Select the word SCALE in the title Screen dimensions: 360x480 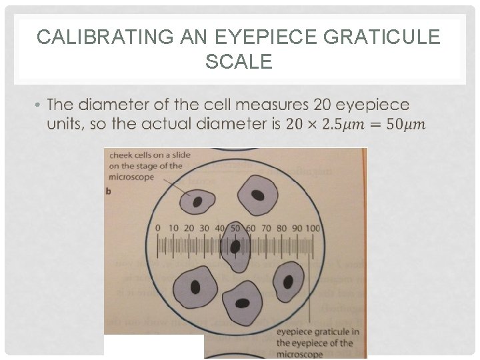[239, 62]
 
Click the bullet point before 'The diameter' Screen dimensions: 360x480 [39, 105]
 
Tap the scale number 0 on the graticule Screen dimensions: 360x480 [157, 228]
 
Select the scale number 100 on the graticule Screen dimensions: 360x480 [312, 228]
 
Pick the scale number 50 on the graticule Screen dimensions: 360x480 [235, 228]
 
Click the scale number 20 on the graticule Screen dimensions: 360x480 [189, 228]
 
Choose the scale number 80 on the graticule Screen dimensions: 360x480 [281, 228]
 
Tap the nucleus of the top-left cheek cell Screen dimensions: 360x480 [198, 201]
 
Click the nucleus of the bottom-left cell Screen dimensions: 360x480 [195, 287]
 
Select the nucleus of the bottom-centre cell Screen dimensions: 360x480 [243, 303]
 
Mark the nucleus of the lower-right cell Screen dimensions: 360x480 [288, 281]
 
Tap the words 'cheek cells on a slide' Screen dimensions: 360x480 [149, 155]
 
